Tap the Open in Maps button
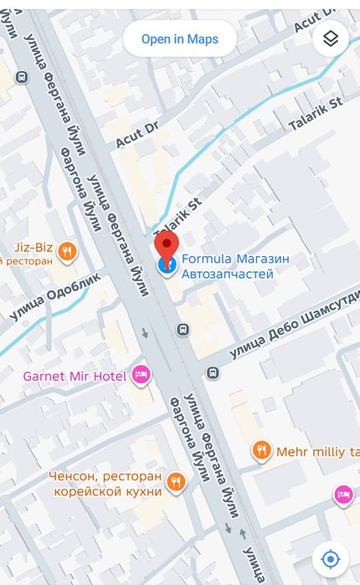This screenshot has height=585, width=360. point(179,39)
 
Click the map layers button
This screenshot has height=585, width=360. point(330,39)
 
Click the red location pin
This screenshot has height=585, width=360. point(167,249)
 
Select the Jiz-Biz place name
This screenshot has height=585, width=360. point(33,248)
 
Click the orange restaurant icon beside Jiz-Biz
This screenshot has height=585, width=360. point(68,250)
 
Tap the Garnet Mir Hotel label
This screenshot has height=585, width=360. point(75,376)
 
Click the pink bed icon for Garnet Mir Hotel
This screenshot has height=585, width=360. point(141,375)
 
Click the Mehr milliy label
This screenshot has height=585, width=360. point(317,452)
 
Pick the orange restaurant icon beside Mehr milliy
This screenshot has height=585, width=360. point(262,451)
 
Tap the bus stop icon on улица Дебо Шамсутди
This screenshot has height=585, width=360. point(213,372)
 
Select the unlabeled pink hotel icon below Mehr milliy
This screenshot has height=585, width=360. point(342,495)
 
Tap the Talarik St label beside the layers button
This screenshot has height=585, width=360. point(316,114)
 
